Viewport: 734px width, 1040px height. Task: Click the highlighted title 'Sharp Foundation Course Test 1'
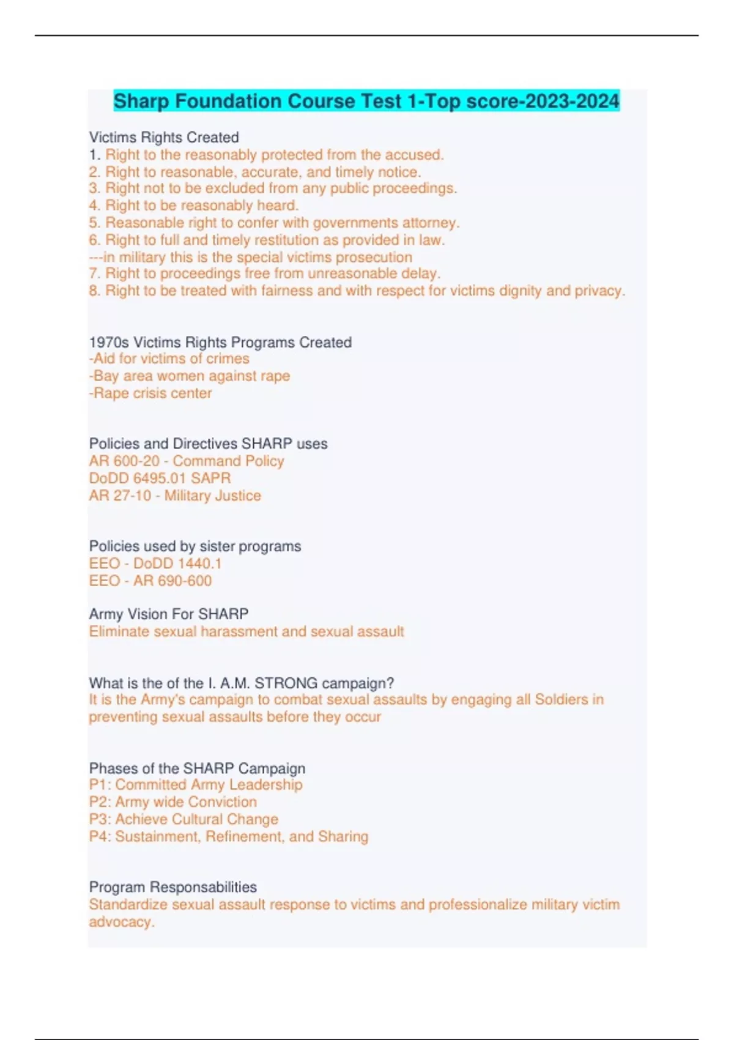366,101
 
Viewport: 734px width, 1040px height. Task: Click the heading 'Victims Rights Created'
164,138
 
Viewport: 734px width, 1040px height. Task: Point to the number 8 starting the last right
94,291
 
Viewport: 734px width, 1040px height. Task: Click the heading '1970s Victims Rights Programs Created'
220,342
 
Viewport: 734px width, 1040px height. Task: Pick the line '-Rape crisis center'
150,393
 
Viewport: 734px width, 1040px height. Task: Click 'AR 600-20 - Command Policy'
187,461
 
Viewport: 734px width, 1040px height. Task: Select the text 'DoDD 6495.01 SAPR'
160,478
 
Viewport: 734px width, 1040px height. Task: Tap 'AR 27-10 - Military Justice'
175,496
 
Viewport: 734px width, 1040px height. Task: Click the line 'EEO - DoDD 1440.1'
155,563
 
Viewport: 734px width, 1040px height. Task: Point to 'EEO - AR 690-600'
150,581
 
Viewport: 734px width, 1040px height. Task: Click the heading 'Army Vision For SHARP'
169,614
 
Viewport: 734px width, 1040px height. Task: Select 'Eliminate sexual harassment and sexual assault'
247,631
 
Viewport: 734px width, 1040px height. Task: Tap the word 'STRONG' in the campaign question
286,683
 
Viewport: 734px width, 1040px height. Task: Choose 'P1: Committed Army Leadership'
196,784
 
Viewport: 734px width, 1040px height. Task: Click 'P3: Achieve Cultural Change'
183,819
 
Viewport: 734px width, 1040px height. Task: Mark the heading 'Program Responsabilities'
173,887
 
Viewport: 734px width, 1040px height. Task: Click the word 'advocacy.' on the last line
122,922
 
